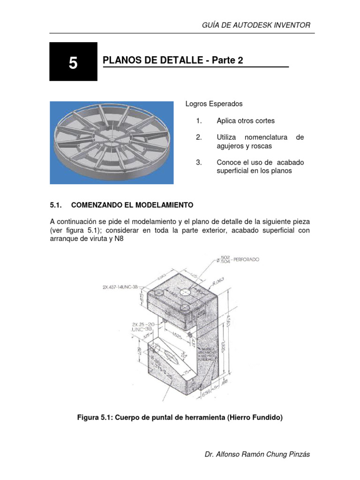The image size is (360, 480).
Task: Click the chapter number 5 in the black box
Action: coord(73,63)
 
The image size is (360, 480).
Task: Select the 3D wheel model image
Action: coord(112,142)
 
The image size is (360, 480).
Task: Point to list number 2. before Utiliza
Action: coord(199,137)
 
